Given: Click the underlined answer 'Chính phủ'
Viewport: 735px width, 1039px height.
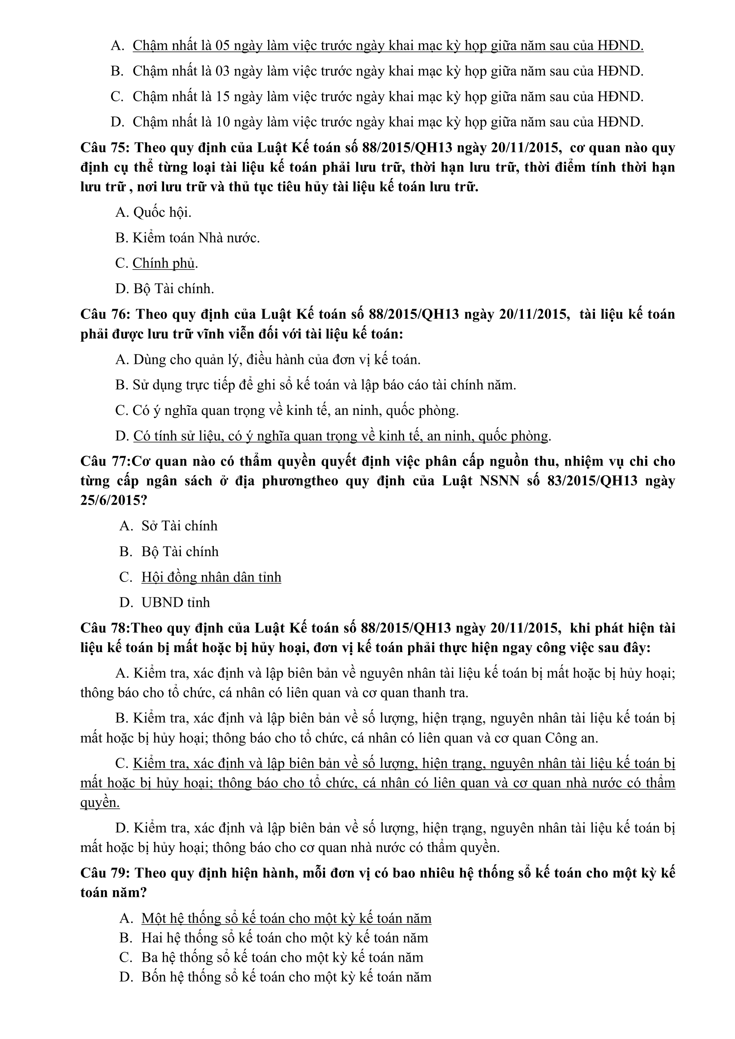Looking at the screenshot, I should pyautogui.click(x=163, y=263).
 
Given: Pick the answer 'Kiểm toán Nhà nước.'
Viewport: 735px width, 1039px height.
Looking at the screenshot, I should pyautogui.click(x=196, y=238).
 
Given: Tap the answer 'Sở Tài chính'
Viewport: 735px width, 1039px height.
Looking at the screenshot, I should pyautogui.click(x=179, y=525).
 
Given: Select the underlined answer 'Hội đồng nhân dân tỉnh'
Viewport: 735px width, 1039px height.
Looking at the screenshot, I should pyautogui.click(x=211, y=577).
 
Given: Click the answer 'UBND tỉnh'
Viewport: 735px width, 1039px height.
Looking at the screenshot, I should pyautogui.click(x=176, y=602).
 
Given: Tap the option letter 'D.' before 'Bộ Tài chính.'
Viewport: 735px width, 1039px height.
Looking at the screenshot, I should pyautogui.click(x=122, y=288).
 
